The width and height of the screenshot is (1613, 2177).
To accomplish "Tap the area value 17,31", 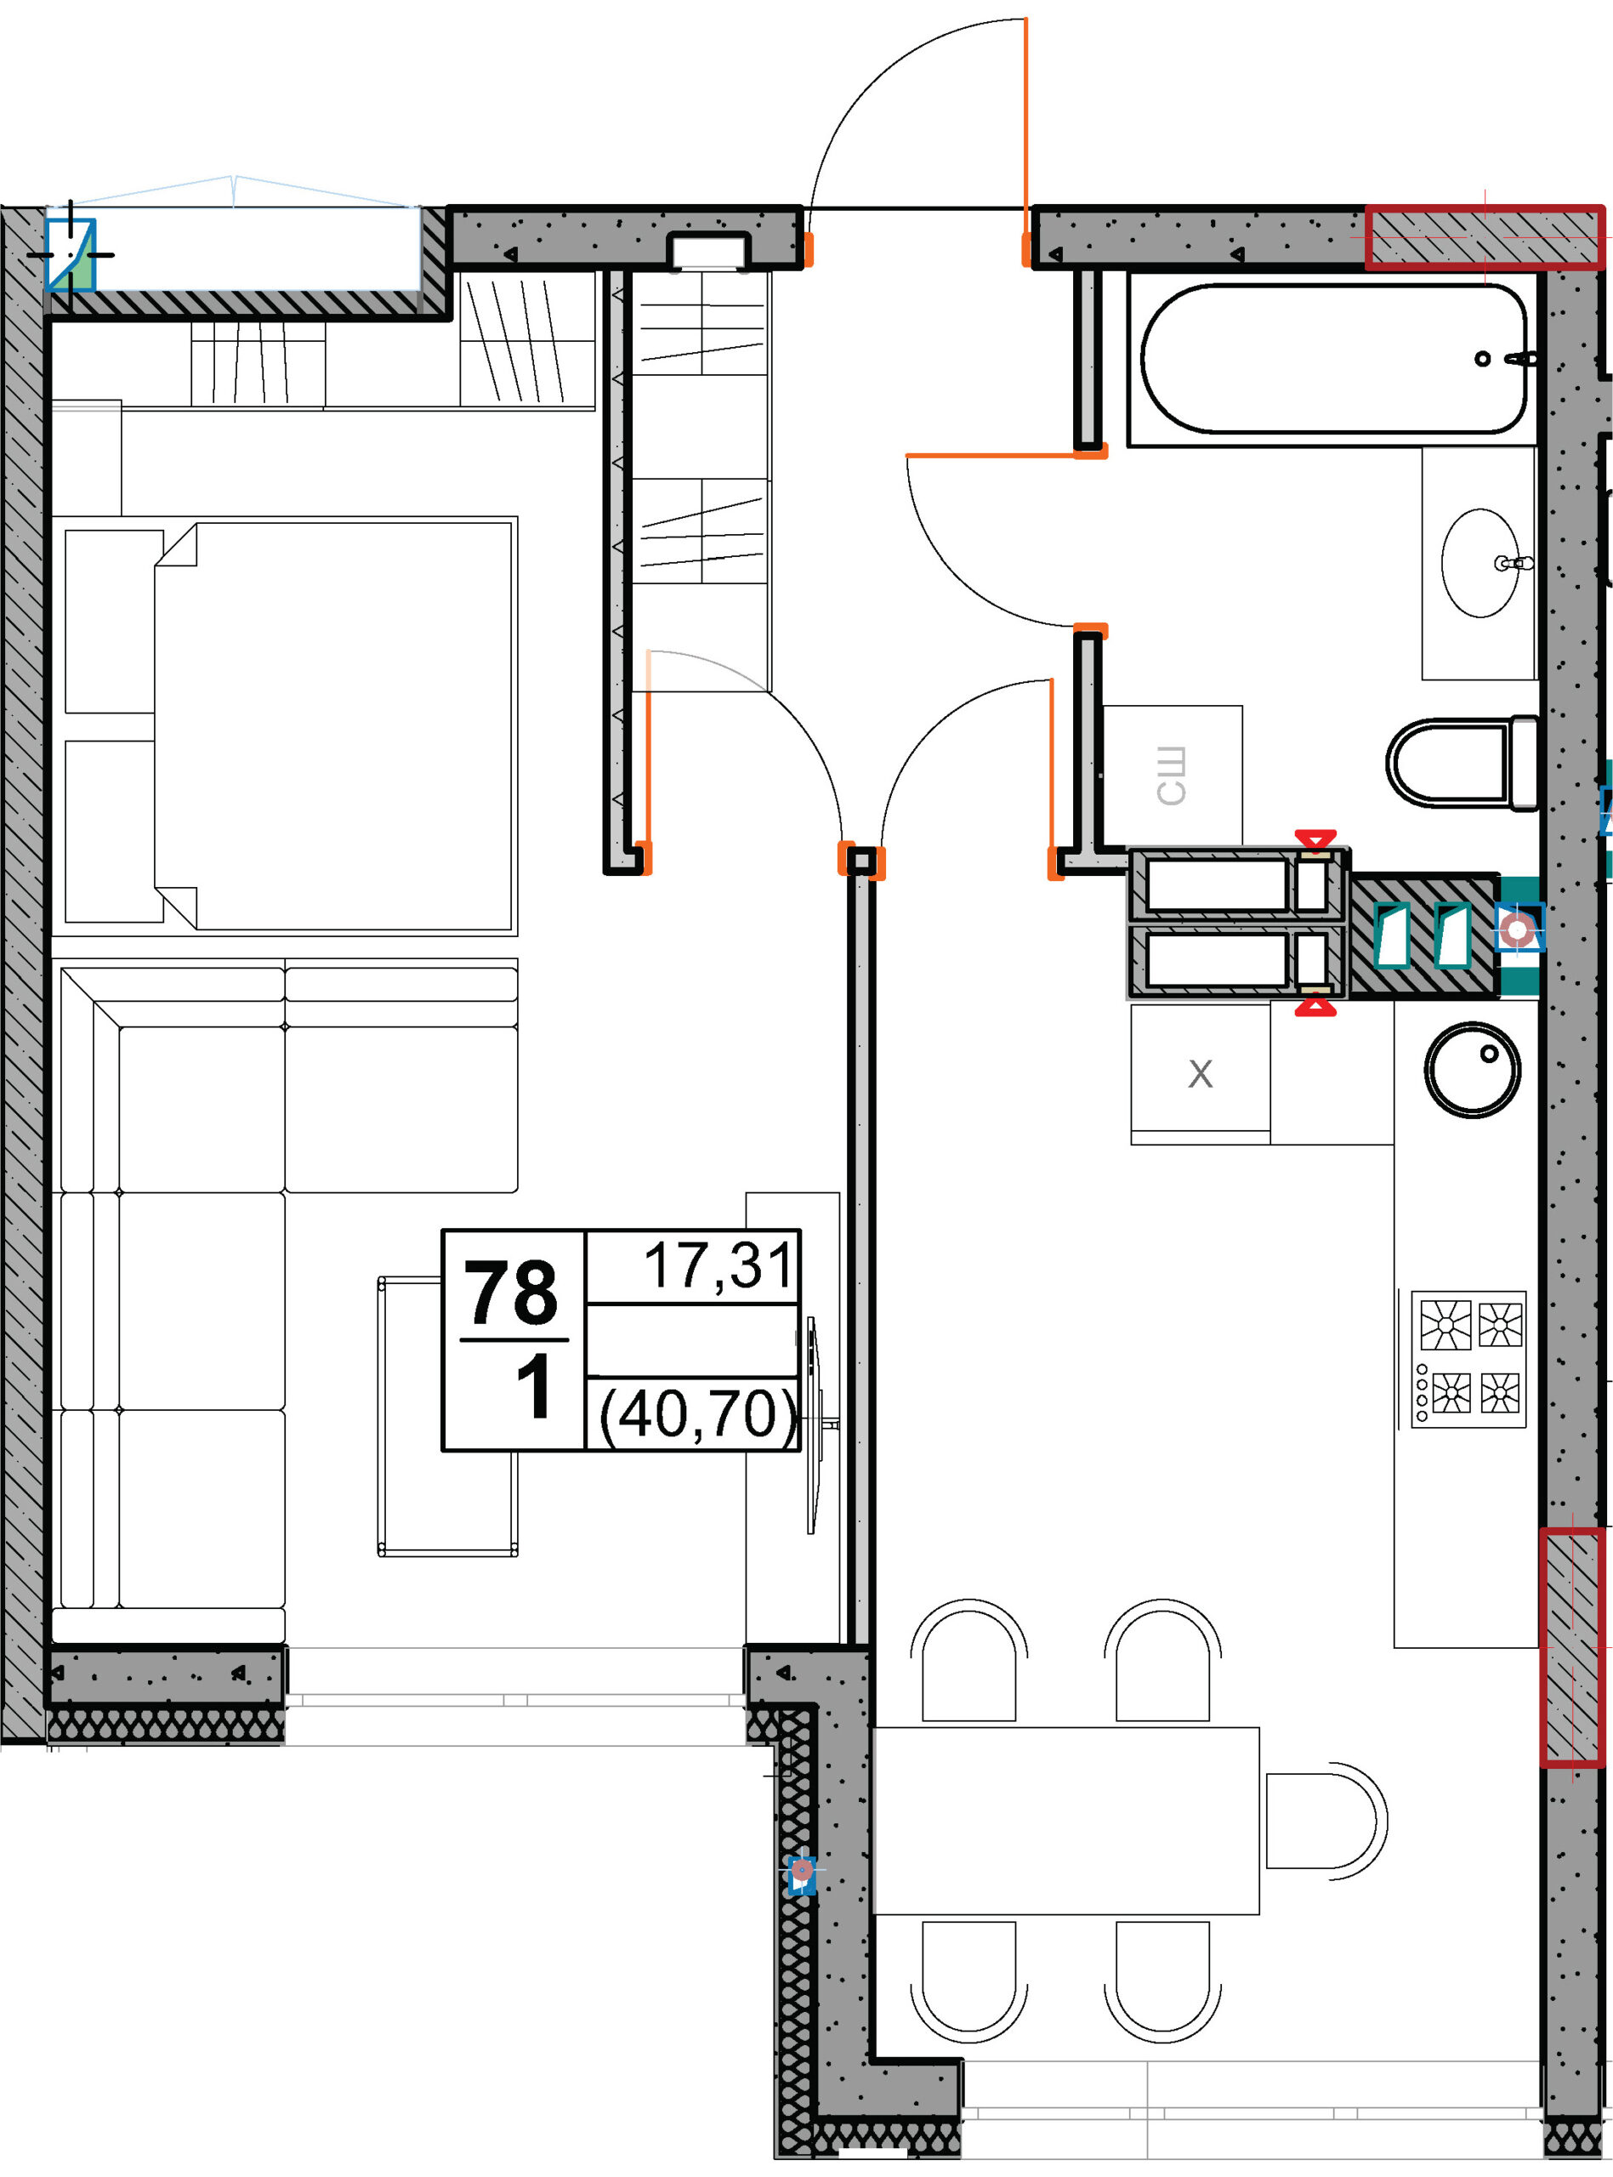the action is point(718,1265).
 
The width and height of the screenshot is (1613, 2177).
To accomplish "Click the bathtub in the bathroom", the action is point(1334,358).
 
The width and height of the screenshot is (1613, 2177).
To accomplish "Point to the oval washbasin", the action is point(1481,562).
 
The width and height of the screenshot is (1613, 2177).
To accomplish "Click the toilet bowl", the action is point(1462,764).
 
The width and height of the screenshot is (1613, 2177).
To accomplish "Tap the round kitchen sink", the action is point(1473,1069).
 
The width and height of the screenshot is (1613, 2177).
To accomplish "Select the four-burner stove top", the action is point(1468,1358).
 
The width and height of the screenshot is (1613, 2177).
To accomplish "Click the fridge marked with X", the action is point(1200,1074).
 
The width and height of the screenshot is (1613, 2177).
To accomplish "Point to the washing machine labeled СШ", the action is point(1172,776).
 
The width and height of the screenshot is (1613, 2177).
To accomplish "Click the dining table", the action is point(1066,1821).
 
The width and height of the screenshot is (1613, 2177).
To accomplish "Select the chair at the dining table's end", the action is point(1325,1822).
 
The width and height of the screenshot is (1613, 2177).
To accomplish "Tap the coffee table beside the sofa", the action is point(447,1416).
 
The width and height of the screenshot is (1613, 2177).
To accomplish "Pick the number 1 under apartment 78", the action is point(534,1385).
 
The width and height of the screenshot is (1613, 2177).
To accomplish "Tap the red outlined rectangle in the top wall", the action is point(1484,236).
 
